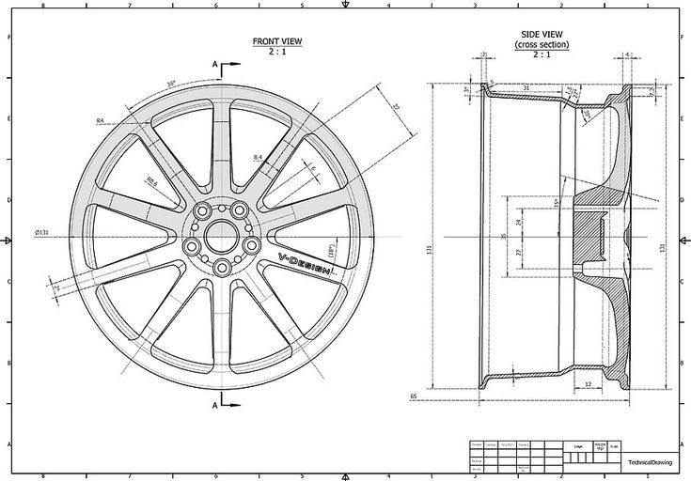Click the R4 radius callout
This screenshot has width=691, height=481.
tap(101, 121)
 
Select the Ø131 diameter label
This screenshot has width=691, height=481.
tap(42, 232)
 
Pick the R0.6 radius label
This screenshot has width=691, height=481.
tap(150, 183)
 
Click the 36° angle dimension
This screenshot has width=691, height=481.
tap(171, 83)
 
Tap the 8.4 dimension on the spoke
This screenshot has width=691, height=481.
tap(258, 156)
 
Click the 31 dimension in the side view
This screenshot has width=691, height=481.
tap(527, 89)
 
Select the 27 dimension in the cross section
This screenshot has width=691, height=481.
tap(519, 253)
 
